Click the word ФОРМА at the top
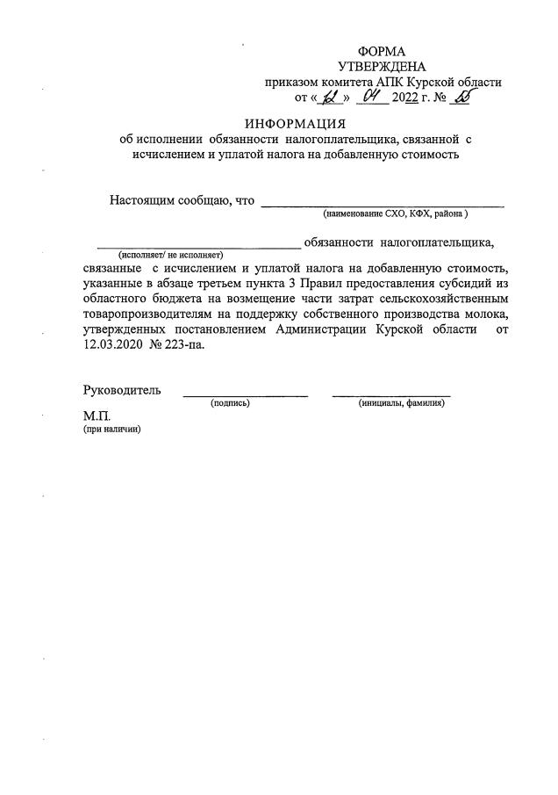[382, 52]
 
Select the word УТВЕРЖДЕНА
[382, 67]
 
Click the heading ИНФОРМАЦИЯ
[295, 123]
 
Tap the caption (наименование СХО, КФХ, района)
[396, 213]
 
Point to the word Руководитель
[122, 390]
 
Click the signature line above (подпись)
[245, 396]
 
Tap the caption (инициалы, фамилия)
[401, 402]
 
